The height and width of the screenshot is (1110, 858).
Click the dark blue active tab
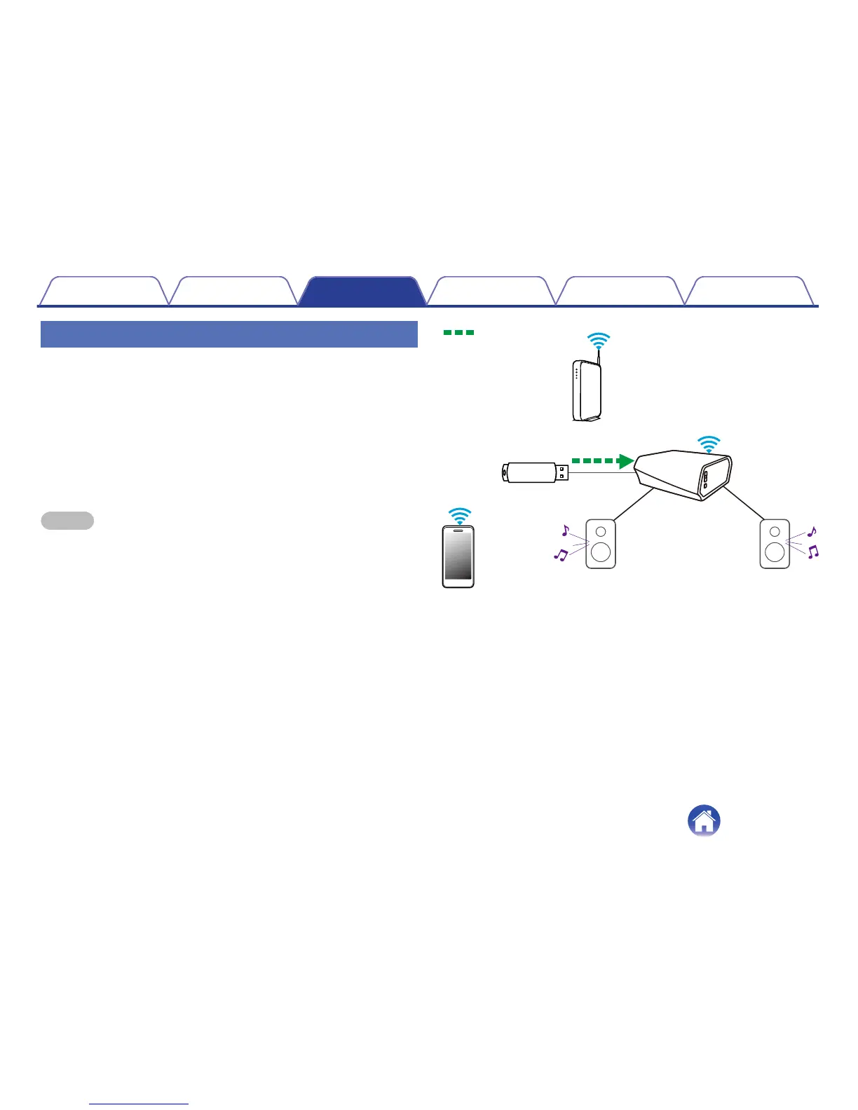coord(362,292)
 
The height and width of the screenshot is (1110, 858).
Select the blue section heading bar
coord(229,334)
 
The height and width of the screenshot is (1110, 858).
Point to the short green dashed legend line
coord(458,333)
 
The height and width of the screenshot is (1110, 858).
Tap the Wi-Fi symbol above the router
coord(598,341)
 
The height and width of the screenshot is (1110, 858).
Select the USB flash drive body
coord(529,472)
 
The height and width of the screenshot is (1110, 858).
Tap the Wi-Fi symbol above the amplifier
coord(709,444)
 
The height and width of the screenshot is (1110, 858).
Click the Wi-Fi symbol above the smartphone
coord(459,516)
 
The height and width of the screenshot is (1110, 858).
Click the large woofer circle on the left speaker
coord(601,552)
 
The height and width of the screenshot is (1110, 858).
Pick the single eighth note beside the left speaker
coord(565,530)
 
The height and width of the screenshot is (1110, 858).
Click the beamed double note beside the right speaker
coord(813,552)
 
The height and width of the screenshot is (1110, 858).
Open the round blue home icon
coord(704,820)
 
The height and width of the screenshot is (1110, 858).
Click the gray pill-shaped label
coord(67,520)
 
